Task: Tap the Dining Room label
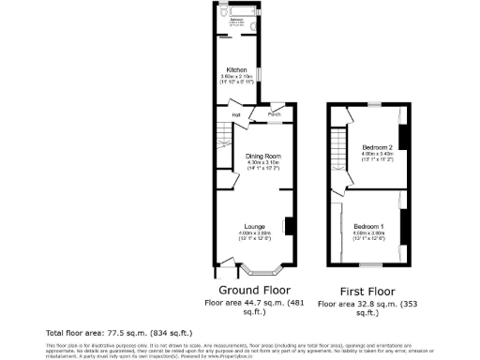[x=263, y=156]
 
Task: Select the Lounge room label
[x=254, y=225]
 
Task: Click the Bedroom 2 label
[x=376, y=146]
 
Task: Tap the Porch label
[x=275, y=114]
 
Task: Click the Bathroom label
[x=238, y=17]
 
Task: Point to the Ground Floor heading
[x=251, y=291]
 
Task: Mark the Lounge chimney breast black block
[x=290, y=226]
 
